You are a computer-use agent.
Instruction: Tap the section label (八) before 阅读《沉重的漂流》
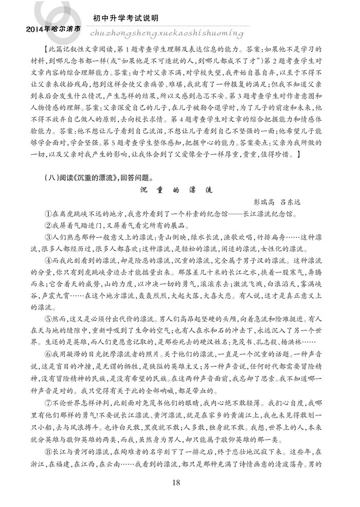click(x=52, y=178)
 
